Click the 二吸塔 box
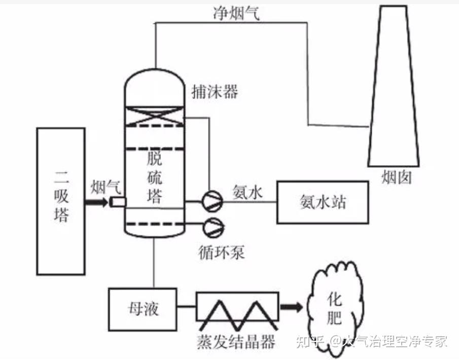[60, 201]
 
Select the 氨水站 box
[322, 202]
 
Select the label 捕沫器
[215, 92]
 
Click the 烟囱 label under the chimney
[396, 178]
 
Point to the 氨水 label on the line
[248, 192]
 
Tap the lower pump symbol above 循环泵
[211, 227]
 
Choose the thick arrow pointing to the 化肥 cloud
[291, 307]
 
